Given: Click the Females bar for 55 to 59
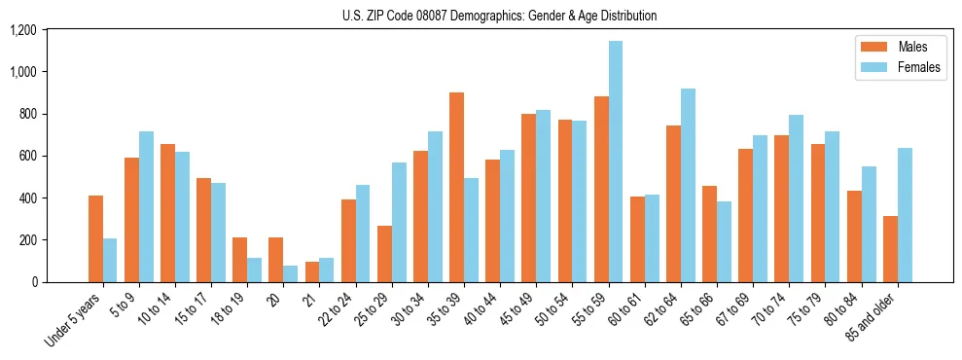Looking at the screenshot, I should tap(615, 162).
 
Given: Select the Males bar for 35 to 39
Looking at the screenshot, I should tap(456, 188).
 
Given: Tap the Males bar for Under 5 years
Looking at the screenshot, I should tap(95, 239).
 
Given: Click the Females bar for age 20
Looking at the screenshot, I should tap(291, 273).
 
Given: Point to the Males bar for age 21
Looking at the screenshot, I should tap(312, 271).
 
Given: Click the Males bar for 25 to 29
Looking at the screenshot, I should tap(384, 254).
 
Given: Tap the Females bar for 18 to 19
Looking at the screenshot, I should tap(254, 270).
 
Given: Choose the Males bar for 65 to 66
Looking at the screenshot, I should tap(709, 234).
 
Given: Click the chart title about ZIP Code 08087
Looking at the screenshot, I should tap(499, 16).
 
